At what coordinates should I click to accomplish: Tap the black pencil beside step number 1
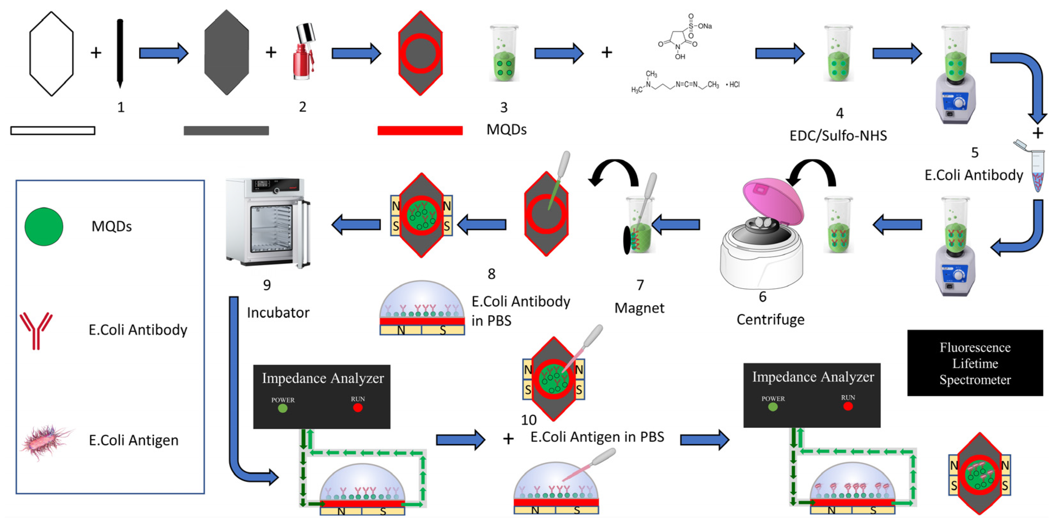tap(120, 53)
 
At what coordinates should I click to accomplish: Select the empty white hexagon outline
tap(51, 54)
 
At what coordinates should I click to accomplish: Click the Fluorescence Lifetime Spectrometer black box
tap(975, 363)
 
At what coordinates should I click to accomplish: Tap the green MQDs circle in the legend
tap(44, 226)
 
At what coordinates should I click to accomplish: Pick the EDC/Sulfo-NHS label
tap(838, 136)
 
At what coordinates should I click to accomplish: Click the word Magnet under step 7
tap(639, 308)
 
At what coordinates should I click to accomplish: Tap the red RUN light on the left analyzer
tap(358, 407)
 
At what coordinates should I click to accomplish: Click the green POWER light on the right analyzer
tap(773, 407)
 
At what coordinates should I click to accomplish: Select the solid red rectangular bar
tap(420, 131)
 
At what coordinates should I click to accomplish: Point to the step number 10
tap(529, 420)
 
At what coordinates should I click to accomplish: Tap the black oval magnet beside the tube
tap(627, 240)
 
